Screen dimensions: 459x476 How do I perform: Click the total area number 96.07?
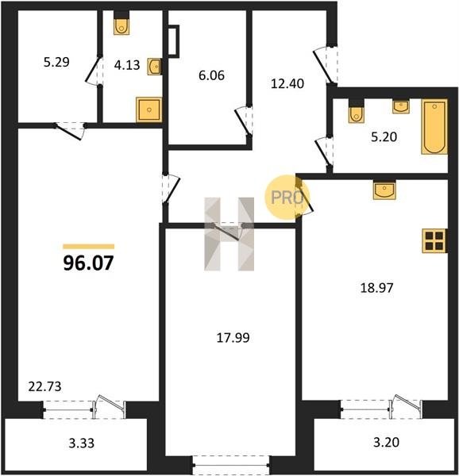click(x=88, y=263)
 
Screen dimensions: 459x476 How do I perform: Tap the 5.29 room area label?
click(x=56, y=62)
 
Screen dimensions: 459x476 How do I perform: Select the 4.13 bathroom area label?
click(x=127, y=65)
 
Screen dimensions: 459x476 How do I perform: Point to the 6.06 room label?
click(x=212, y=75)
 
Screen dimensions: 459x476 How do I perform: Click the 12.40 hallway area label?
click(x=287, y=83)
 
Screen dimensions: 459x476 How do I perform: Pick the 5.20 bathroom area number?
click(x=384, y=137)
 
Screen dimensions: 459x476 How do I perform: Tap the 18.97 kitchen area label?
click(x=376, y=288)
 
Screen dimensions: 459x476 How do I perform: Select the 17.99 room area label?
click(x=233, y=338)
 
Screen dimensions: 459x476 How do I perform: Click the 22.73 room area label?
click(x=44, y=387)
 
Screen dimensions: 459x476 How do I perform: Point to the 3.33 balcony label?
click(x=82, y=443)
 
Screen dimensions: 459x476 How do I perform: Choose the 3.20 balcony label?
click(x=386, y=442)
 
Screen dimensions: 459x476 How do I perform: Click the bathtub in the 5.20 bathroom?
click(x=434, y=127)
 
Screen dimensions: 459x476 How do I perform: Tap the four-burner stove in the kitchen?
click(x=434, y=241)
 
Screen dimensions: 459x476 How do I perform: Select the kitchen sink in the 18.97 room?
click(x=384, y=190)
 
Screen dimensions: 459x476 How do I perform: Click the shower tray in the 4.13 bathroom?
click(x=148, y=109)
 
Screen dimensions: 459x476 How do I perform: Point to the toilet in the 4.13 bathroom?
click(x=121, y=23)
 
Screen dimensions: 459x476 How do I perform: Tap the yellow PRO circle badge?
click(x=287, y=197)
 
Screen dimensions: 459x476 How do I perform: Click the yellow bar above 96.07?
click(x=89, y=247)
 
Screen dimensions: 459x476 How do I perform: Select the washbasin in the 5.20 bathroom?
click(x=401, y=106)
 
